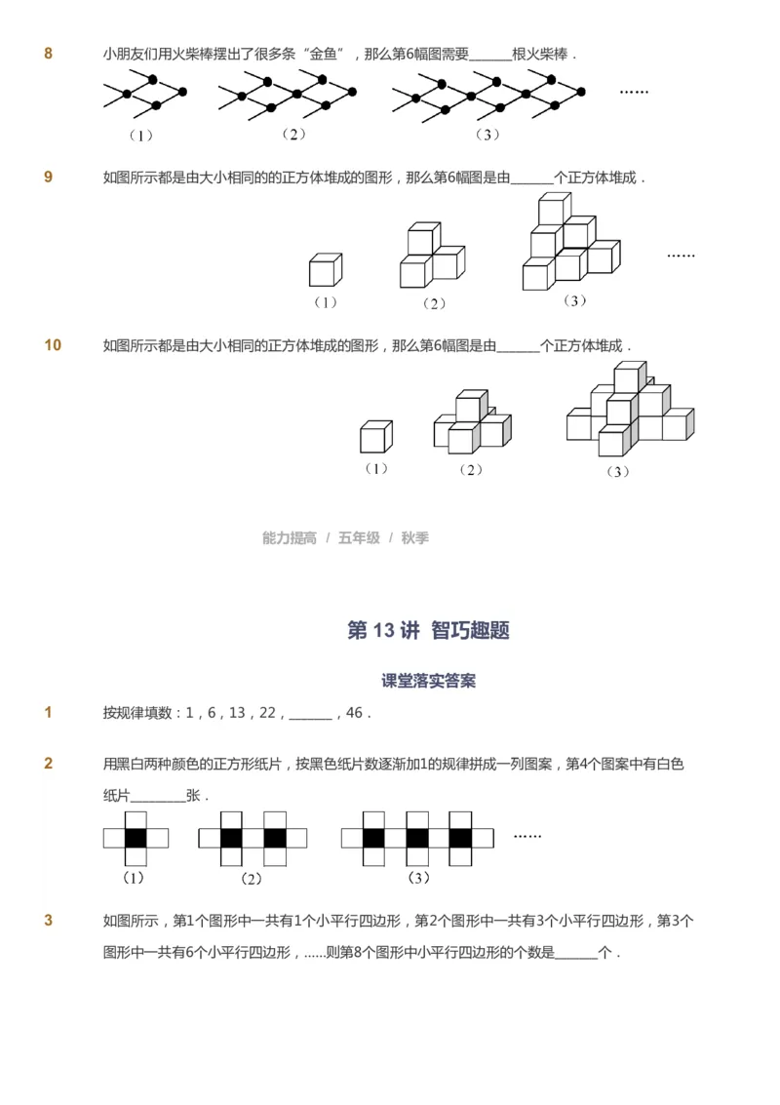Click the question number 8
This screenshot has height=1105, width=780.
(x=49, y=54)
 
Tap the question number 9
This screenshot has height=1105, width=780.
(x=49, y=178)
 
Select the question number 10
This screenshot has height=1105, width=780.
(x=53, y=345)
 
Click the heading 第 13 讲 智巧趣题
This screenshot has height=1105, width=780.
(x=428, y=630)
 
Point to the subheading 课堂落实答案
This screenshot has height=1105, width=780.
(x=428, y=682)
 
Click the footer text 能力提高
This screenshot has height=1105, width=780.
(x=290, y=538)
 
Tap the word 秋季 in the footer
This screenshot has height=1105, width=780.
(x=414, y=538)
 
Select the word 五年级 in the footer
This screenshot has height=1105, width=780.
(x=359, y=538)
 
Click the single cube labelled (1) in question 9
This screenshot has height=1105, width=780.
(x=326, y=270)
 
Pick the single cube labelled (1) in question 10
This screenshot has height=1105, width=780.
(x=375, y=436)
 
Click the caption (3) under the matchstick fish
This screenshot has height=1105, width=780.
(x=487, y=135)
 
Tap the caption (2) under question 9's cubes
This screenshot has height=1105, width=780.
(x=434, y=303)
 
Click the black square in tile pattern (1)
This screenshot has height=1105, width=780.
(x=136, y=838)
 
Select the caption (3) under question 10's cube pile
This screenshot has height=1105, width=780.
(x=617, y=471)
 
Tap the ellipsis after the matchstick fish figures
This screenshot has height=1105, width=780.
(x=634, y=91)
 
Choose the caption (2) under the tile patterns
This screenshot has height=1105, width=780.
(x=252, y=879)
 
